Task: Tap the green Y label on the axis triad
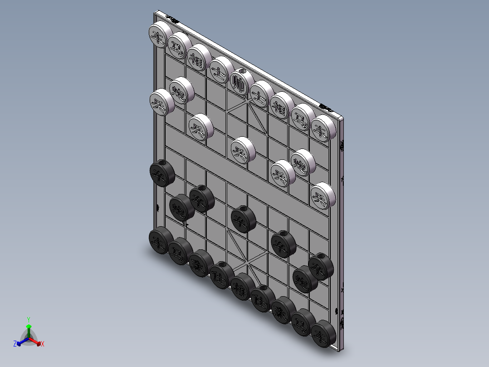(x=28, y=319)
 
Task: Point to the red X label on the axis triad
(x=43, y=344)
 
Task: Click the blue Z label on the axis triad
(x=15, y=344)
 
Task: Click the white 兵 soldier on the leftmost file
(x=161, y=102)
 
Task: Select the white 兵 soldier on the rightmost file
(x=323, y=196)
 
